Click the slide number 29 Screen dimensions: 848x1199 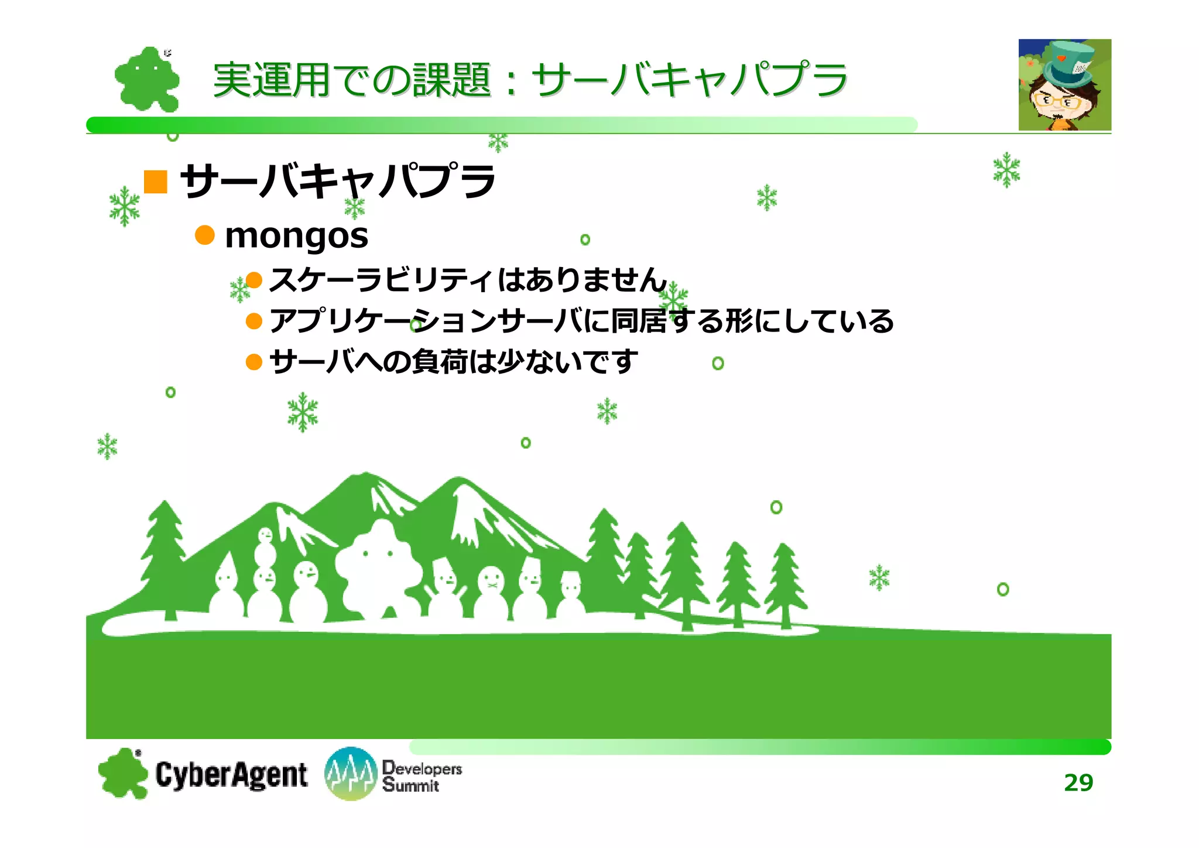click(x=1078, y=782)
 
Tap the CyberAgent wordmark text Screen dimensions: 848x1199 click(x=231, y=775)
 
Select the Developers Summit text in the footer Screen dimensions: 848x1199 click(x=422, y=777)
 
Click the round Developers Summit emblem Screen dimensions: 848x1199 click(x=350, y=774)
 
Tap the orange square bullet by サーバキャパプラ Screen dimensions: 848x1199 click(x=156, y=182)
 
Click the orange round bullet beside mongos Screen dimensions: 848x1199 click(x=204, y=235)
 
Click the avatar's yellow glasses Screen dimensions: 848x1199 click(x=1058, y=101)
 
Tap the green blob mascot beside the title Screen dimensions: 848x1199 click(x=146, y=80)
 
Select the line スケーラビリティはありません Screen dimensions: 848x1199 click(x=467, y=279)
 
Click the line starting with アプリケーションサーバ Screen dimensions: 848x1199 click(x=581, y=321)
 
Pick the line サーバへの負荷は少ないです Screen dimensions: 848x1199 click(x=453, y=361)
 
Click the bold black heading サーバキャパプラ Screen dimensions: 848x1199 click(x=337, y=181)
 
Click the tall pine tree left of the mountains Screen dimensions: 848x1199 click(x=165, y=556)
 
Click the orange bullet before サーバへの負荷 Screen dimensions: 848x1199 click(x=253, y=362)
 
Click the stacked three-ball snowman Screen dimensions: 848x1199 click(x=265, y=574)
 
